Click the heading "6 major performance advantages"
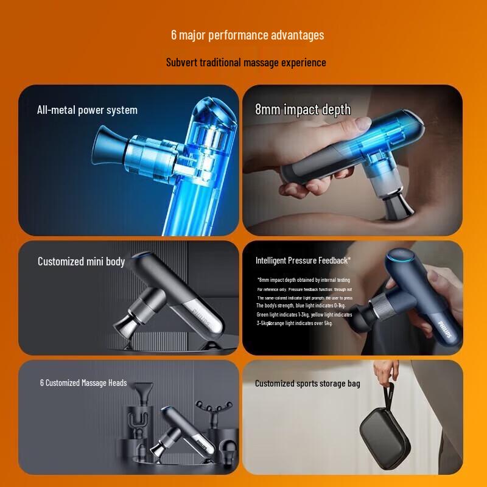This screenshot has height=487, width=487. pyautogui.click(x=247, y=35)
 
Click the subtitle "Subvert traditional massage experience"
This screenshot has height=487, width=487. pyautogui.click(x=246, y=63)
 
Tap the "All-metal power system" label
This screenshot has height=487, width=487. pyautogui.click(x=87, y=110)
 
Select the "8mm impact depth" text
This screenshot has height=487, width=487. pyautogui.click(x=303, y=110)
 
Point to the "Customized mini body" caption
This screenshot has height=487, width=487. pyautogui.click(x=81, y=262)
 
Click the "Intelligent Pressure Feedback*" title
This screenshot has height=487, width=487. pyautogui.click(x=303, y=261)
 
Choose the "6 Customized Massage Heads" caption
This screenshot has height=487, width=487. pyautogui.click(x=83, y=383)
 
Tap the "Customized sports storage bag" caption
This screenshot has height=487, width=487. pyautogui.click(x=307, y=384)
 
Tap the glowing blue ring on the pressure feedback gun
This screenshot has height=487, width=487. pyautogui.click(x=404, y=259)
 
